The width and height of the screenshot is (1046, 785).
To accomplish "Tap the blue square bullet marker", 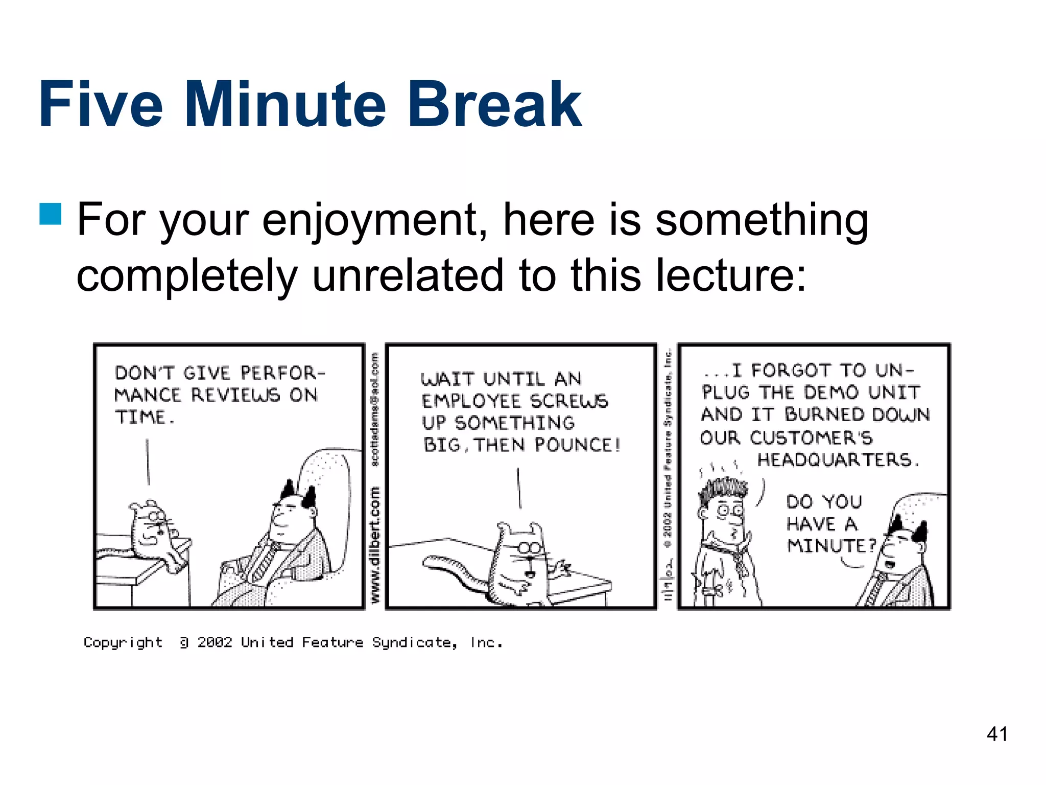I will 51,214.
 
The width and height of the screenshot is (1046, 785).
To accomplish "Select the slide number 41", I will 997,734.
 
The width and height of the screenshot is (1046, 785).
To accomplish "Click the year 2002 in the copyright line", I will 215,642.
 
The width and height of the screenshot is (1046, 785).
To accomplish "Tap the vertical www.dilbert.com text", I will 375,544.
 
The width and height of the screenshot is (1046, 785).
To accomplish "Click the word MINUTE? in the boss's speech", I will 830,546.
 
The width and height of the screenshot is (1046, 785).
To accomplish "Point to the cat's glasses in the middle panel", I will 530,548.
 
